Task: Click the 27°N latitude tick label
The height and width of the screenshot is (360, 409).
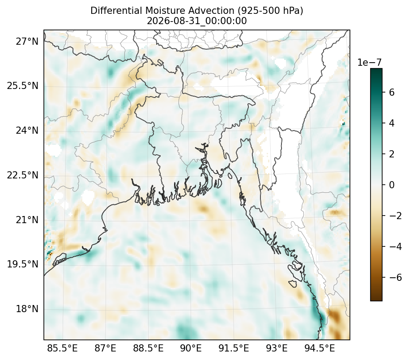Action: pos(27,41)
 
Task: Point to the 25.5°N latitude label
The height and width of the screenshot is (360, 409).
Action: pos(22,86)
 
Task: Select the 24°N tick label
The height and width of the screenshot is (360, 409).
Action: pos(27,130)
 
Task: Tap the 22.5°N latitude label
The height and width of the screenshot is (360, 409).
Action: pos(22,175)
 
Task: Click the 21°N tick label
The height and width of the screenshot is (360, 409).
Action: pos(27,220)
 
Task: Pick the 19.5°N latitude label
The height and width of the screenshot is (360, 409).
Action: pos(22,264)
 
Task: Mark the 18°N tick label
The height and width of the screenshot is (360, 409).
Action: pos(27,309)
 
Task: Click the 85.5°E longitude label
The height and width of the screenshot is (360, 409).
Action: pos(62,348)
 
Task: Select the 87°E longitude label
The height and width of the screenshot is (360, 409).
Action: pos(105,348)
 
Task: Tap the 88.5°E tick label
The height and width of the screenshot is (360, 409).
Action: pos(148,348)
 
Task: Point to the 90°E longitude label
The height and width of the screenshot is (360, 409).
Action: pos(191,348)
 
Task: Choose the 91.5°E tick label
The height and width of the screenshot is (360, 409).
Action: pos(234,348)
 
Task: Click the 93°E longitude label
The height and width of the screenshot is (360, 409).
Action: pos(277,348)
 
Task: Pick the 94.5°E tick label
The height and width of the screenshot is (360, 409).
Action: pos(320,348)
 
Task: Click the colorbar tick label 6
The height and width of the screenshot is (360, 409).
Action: pos(392,92)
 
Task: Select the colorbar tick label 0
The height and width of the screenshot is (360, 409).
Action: pos(392,185)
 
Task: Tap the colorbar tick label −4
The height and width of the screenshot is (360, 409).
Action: pos(396,246)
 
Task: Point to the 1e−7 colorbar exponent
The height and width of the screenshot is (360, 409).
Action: pos(369,63)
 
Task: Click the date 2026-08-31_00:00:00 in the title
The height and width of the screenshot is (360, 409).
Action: pos(197,21)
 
